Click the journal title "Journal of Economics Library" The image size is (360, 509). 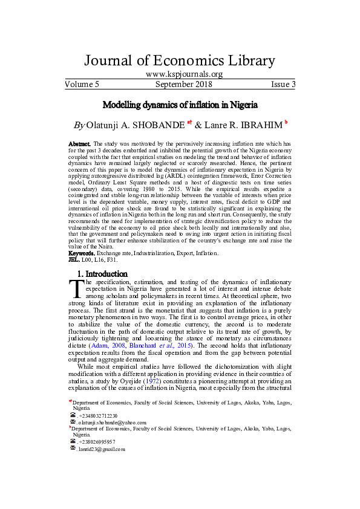tap(180, 60)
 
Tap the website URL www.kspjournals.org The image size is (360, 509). tap(180, 74)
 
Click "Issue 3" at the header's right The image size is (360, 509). tap(283, 85)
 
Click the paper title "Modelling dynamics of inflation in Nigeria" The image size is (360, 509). tap(180, 105)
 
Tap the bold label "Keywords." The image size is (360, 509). tap(83, 253)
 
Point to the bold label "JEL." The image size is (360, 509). tap(74, 259)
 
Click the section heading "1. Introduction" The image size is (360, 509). tap(103, 274)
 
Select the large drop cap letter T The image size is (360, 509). tap(75, 290)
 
